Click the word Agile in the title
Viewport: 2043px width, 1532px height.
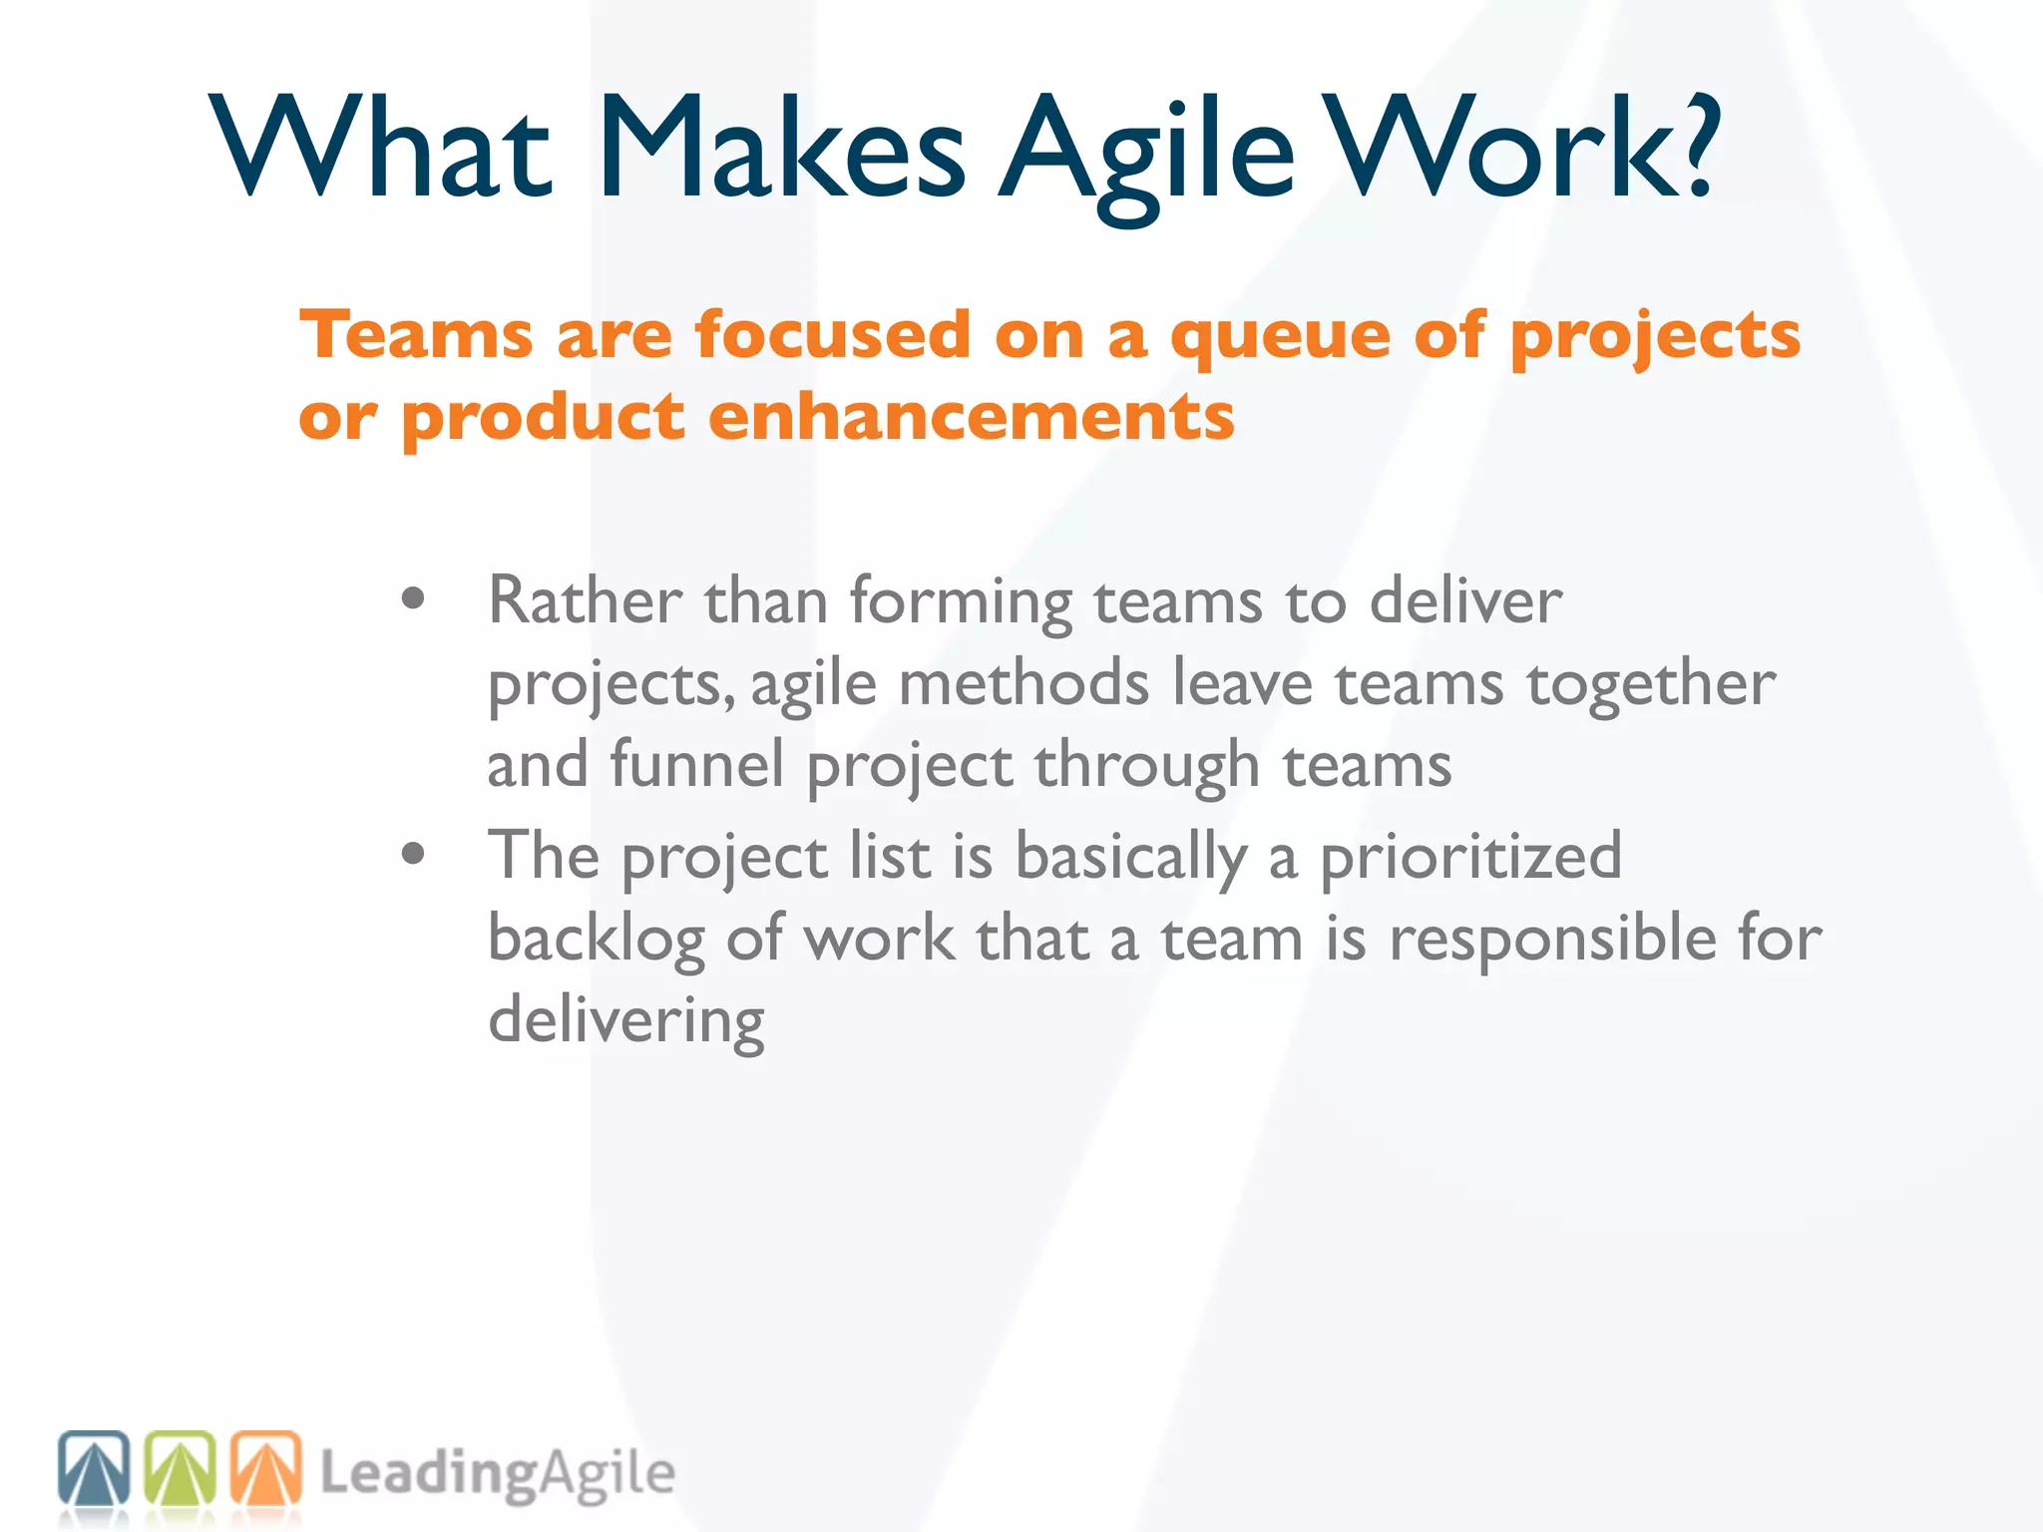pyautogui.click(x=1147, y=150)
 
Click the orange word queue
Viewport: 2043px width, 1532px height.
pyautogui.click(x=1280, y=337)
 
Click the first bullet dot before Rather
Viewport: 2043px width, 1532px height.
pyautogui.click(x=413, y=599)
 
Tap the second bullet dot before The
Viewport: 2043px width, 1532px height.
pyautogui.click(x=413, y=854)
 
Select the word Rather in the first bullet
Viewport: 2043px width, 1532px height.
pyautogui.click(x=585, y=601)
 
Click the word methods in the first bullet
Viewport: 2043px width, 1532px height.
pyautogui.click(x=1023, y=684)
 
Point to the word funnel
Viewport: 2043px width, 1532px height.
pyautogui.click(x=696, y=765)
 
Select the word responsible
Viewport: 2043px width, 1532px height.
pyautogui.click(x=1551, y=940)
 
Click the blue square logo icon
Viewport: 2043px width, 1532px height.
pyautogui.click(x=94, y=1467)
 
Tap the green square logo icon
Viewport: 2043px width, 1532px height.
pyautogui.click(x=181, y=1467)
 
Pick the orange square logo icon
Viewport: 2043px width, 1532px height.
pyautogui.click(x=266, y=1467)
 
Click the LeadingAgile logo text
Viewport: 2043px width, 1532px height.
pyautogui.click(x=497, y=1474)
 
